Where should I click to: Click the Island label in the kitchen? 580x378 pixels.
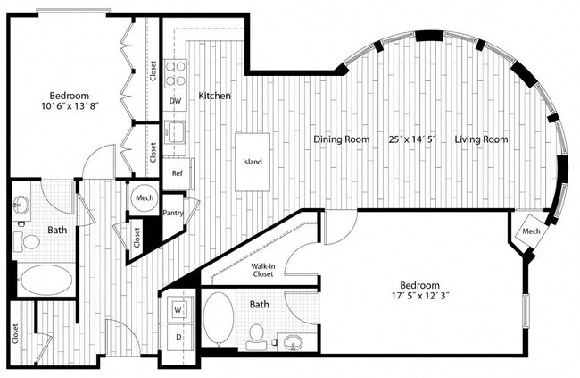253,163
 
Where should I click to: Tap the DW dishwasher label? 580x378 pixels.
176,101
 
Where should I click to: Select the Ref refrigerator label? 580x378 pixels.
176,172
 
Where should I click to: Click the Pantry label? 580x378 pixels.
175,213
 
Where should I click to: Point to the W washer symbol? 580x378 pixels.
178,310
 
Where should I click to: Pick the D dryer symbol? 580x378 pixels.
178,337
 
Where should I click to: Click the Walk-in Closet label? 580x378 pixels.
262,271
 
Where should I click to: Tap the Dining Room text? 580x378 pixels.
341,139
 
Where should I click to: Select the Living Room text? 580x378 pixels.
481,139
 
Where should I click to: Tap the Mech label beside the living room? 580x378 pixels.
531,232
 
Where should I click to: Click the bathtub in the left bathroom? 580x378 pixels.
45,280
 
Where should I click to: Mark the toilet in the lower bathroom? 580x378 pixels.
256,335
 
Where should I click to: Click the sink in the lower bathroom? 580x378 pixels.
292,341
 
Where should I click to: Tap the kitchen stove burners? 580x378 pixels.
176,70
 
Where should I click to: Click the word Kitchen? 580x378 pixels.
215,96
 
